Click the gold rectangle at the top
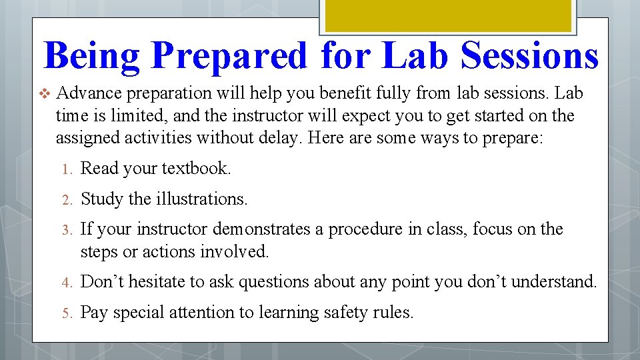(x=447, y=15)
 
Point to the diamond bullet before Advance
(x=45, y=93)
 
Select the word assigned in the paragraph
(x=88, y=138)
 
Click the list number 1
(x=66, y=169)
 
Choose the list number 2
(x=66, y=199)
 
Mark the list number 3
(x=66, y=230)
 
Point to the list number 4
(x=66, y=283)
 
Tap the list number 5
(x=66, y=313)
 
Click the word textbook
(x=197, y=169)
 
